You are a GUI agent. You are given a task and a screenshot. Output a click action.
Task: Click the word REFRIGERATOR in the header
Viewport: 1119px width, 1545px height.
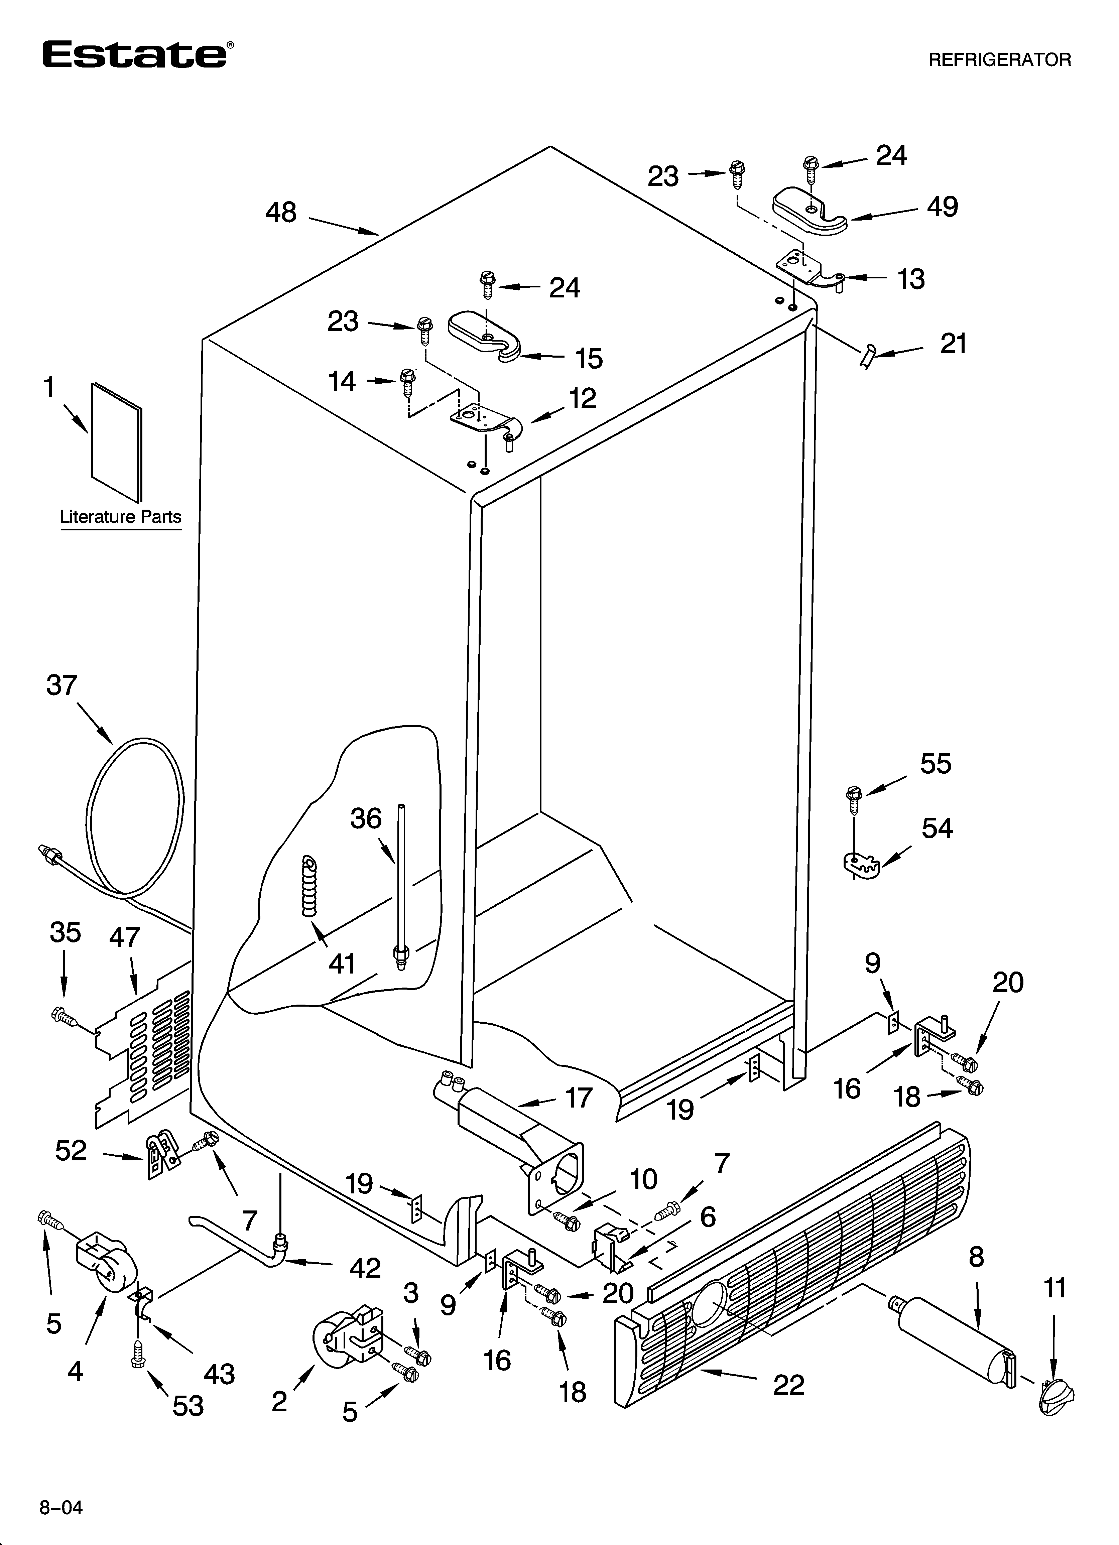(x=1000, y=60)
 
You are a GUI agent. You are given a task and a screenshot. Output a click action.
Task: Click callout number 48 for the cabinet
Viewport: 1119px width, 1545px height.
(x=281, y=213)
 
